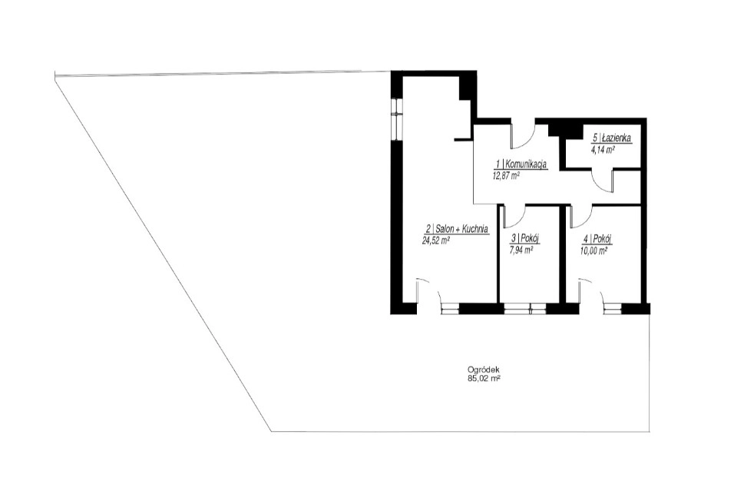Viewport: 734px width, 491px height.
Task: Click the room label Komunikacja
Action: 526,164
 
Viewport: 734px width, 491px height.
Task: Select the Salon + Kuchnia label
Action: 462,229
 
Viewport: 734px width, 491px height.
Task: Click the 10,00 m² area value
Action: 594,250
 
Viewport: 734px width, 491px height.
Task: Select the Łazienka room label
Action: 617,138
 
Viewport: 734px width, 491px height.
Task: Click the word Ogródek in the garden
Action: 481,369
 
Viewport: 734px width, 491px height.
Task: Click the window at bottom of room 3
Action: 524,308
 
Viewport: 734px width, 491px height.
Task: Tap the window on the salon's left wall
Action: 396,118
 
